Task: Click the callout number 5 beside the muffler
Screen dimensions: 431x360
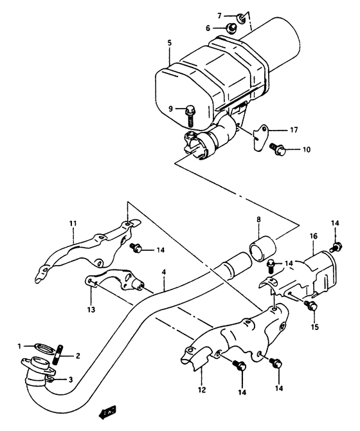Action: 169,43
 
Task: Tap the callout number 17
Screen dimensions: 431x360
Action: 293,130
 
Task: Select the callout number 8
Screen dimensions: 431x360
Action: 258,220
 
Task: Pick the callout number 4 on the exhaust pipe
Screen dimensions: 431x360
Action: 164,273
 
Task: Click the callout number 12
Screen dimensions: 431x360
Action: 201,390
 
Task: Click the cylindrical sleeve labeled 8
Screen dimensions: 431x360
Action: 260,248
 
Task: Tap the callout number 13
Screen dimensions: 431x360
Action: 91,309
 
